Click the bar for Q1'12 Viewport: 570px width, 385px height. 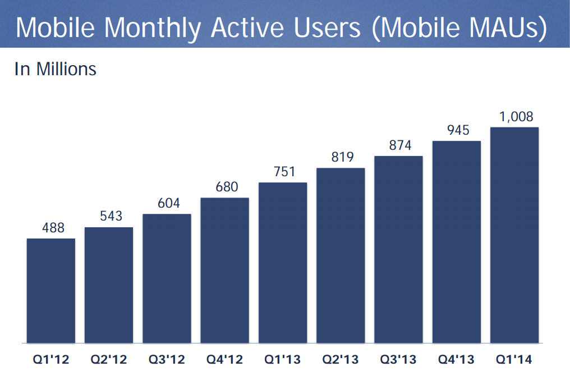pos(51,291)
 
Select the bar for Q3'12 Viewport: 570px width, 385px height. pos(167,278)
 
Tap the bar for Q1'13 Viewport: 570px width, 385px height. pos(283,263)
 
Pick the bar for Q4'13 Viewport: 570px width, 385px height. pos(456,242)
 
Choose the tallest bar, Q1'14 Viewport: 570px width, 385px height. pos(514,235)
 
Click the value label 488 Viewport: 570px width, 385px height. pos(53,228)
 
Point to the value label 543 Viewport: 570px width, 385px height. pos(111,216)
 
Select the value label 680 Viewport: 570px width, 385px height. pos(227,187)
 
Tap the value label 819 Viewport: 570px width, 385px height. pos(342,157)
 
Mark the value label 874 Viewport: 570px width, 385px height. pos(400,145)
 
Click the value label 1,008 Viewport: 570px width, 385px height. pos(516,117)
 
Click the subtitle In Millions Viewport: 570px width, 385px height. pos(56,69)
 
